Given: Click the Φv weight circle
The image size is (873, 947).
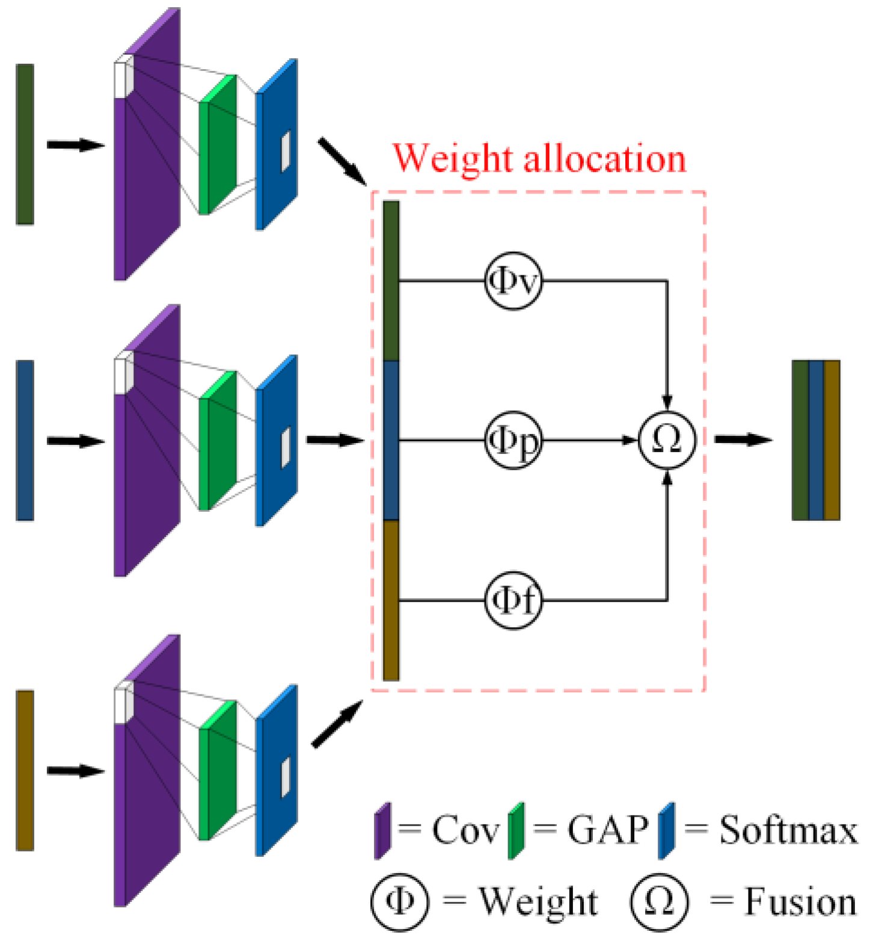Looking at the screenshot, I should click(x=513, y=281).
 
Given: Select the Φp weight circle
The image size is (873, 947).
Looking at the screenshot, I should click(x=513, y=441).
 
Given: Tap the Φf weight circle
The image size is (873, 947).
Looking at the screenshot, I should click(x=513, y=600).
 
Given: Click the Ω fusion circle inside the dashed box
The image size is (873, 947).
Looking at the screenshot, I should click(x=667, y=440).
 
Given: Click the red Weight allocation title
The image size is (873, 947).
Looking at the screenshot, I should click(x=539, y=159).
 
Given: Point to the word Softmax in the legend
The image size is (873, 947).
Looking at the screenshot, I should click(x=788, y=831).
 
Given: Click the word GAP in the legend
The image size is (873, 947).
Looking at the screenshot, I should click(x=607, y=831).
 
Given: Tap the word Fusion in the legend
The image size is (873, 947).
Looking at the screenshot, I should click(x=800, y=902).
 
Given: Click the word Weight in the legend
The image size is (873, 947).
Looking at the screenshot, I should click(x=538, y=902).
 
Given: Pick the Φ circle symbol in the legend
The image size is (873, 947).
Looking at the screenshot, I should click(x=400, y=902).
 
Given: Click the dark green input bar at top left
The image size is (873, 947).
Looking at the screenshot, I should click(x=25, y=144).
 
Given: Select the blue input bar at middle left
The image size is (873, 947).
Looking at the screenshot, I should click(x=25, y=440).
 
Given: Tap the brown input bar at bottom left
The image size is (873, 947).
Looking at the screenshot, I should click(x=25, y=770).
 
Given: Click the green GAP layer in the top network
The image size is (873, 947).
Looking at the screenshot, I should click(x=218, y=144).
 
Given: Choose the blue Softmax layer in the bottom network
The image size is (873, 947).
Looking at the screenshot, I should click(x=277, y=771).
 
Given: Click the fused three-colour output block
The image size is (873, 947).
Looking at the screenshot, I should click(x=816, y=440).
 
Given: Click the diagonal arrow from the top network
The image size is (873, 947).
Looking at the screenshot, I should click(x=342, y=161).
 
